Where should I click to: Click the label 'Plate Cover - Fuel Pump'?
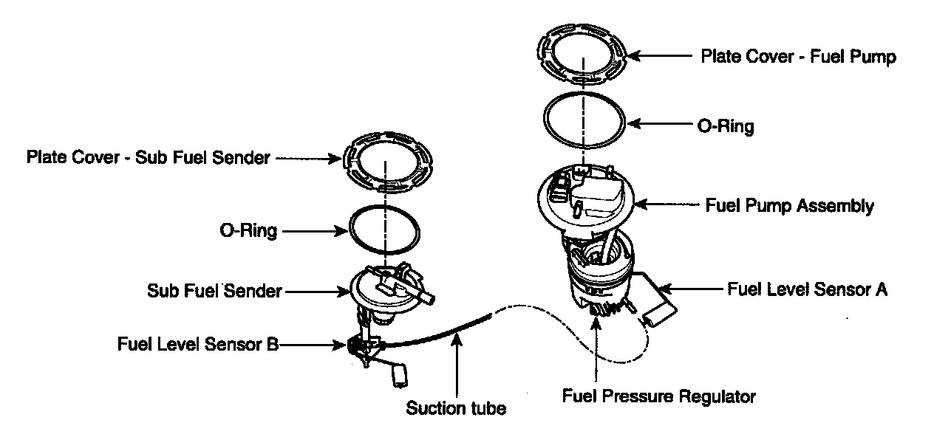pos(798,57)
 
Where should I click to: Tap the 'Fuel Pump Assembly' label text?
pos(789,206)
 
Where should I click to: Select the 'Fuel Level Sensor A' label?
pos(807,289)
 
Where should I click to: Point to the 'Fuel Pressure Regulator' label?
pos(659,396)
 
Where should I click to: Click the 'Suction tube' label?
pos(456,408)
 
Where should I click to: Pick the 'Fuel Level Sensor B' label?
pos(197,344)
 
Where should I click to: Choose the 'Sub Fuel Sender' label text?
pos(214,291)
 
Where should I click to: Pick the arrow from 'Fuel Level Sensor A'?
pos(691,289)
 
